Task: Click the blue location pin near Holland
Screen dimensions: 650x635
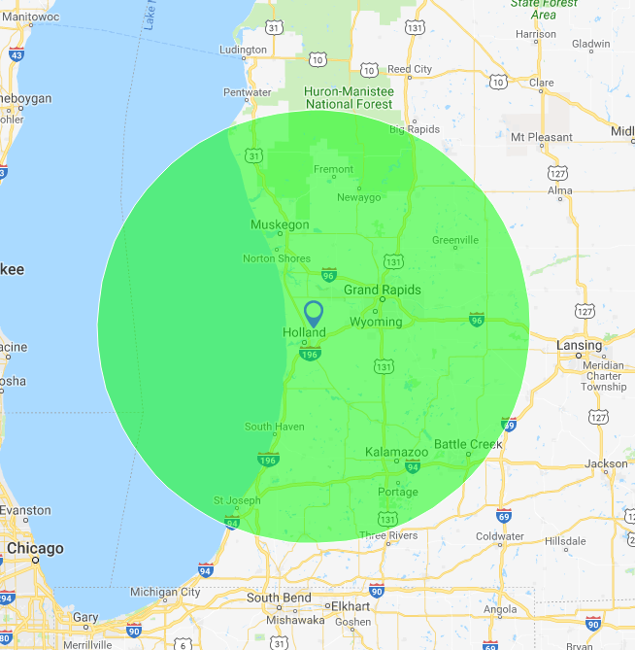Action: point(313,313)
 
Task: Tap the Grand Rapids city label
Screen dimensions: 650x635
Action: point(383,290)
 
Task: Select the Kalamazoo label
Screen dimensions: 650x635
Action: point(397,453)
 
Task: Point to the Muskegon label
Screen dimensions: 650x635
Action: point(280,225)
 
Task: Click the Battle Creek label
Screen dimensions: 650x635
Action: point(468,444)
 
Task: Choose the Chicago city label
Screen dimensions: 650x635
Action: point(35,549)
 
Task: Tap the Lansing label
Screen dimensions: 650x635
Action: point(580,346)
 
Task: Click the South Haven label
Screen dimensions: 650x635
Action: point(275,427)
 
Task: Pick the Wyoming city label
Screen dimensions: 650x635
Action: point(376,322)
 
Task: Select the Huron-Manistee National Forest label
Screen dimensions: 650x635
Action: point(349,97)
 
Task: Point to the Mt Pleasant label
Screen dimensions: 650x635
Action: point(542,137)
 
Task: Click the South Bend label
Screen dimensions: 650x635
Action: point(278,598)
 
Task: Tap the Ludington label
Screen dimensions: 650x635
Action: point(243,50)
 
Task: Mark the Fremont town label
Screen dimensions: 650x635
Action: point(334,169)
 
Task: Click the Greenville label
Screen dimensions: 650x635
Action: point(455,240)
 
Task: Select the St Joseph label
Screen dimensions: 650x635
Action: point(237,501)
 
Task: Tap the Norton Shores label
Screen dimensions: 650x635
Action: point(277,258)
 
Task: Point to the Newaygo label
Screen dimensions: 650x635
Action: point(359,197)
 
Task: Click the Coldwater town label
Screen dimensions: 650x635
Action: point(500,535)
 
